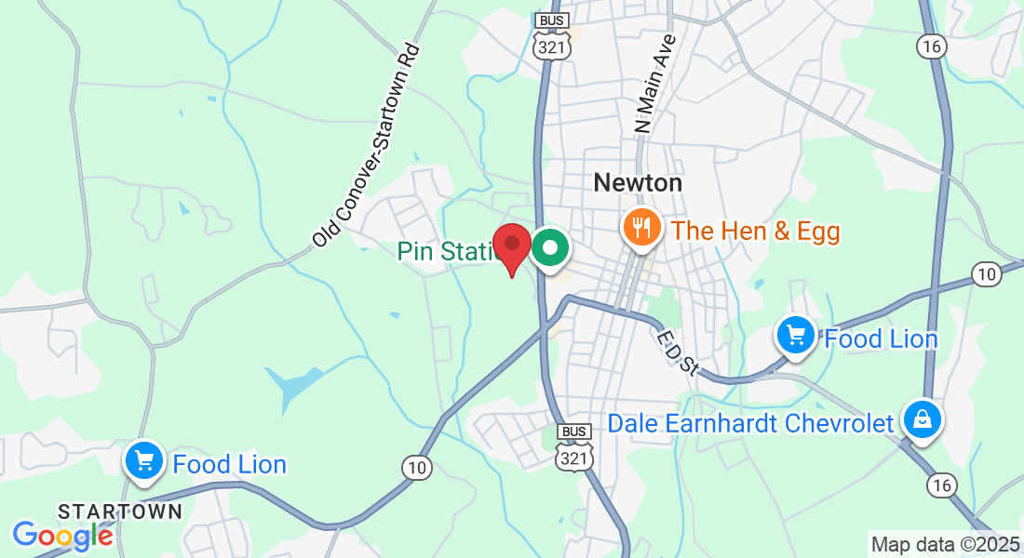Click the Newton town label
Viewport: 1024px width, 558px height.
[638, 182]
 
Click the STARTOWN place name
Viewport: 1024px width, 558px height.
[119, 511]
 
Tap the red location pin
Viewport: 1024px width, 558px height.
[511, 247]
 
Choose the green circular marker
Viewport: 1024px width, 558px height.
[551, 248]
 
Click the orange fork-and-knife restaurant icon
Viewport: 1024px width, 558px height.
[641, 225]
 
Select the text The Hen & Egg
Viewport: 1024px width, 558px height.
[756, 231]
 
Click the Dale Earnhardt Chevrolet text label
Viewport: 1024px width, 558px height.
[750, 423]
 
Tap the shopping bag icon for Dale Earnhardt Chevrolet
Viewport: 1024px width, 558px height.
[922, 420]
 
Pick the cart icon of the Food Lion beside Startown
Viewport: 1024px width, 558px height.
[144, 459]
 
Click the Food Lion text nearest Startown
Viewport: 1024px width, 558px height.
[230, 464]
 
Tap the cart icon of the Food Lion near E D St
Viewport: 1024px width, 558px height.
[796, 335]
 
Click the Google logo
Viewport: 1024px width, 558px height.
[63, 535]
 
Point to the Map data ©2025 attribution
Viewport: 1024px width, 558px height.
[944, 545]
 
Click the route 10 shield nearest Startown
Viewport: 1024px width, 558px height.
[416, 468]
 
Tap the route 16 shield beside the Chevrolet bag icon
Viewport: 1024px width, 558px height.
[941, 485]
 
